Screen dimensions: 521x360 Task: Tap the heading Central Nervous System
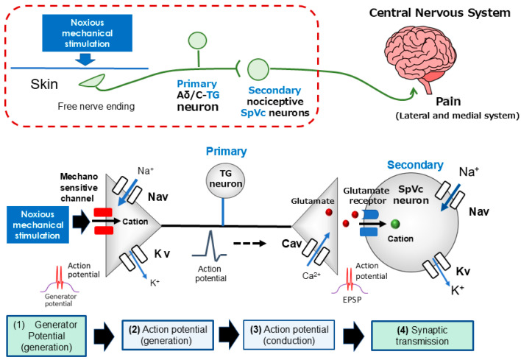coord(439,13)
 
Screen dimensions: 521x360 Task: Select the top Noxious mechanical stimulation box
coord(87,33)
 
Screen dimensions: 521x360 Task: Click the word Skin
coord(44,84)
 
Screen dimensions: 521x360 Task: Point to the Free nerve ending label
coord(96,106)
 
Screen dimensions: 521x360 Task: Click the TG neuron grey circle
coord(226,180)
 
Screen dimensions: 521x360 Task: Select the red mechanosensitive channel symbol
coord(103,221)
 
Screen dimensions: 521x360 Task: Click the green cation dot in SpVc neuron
coord(395,224)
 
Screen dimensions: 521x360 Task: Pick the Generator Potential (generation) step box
coord(46,336)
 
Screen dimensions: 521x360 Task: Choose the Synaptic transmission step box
coord(422,336)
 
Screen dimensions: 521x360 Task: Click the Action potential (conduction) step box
coord(289,335)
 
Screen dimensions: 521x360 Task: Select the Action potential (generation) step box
coord(168,335)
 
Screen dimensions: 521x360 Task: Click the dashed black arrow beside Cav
coord(249,244)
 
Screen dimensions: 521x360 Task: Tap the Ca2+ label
coord(311,275)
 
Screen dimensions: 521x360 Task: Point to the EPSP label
coord(352,300)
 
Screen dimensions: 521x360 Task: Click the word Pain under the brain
coord(448,102)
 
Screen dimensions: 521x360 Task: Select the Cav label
coord(291,244)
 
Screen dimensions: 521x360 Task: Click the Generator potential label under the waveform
coord(60,300)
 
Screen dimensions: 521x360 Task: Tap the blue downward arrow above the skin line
coord(85,60)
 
